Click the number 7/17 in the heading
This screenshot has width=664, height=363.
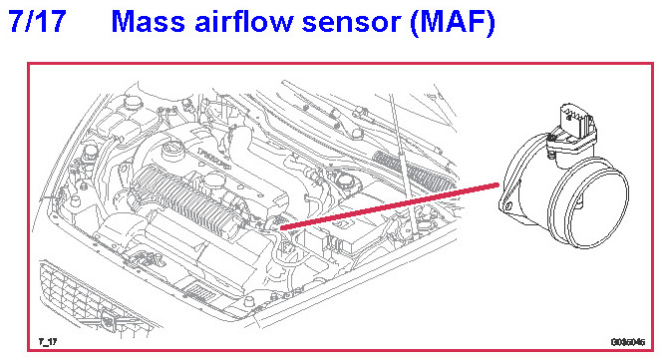click(x=38, y=21)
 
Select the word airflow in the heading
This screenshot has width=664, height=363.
click(x=244, y=21)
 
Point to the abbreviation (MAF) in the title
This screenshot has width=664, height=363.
click(x=453, y=22)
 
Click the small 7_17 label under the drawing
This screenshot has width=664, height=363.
click(x=48, y=341)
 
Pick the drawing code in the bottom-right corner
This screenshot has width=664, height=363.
click(x=628, y=341)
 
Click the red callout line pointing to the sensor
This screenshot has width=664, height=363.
click(x=390, y=206)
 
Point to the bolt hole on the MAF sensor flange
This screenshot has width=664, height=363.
click(x=508, y=207)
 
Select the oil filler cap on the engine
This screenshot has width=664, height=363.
click(x=173, y=149)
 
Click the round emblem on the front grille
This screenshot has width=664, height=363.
click(x=109, y=320)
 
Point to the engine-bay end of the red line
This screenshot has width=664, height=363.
click(x=281, y=228)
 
